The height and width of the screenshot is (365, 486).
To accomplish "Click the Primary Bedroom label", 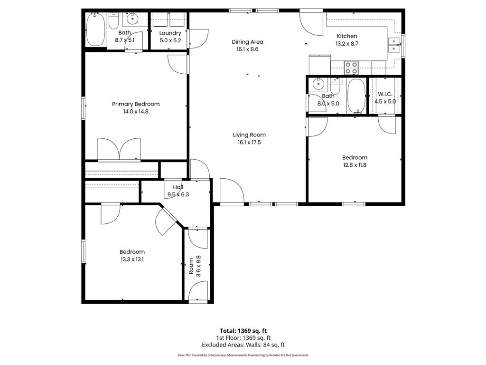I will (136, 104).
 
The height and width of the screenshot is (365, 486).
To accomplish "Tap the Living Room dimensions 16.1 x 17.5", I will (249, 142).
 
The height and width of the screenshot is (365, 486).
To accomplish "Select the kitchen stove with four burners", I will (351, 68).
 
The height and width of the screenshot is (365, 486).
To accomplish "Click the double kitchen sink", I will (394, 45).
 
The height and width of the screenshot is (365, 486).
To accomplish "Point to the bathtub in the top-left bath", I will (95, 29).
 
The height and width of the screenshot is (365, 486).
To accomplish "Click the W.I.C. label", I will (385, 94).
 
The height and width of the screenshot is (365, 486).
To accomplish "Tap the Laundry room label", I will (170, 33).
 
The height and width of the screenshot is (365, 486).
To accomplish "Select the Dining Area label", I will (247, 42).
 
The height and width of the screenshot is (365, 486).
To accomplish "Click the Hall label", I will (178, 187).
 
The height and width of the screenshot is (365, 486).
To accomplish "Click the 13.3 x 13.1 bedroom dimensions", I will (132, 259).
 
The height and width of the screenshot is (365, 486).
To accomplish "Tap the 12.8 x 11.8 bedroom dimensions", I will (355, 165).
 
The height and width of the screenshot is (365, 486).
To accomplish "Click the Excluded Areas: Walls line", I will (243, 345).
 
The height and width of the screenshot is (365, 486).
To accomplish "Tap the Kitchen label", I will (347, 36).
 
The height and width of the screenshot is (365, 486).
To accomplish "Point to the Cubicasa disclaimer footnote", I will (243, 355).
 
